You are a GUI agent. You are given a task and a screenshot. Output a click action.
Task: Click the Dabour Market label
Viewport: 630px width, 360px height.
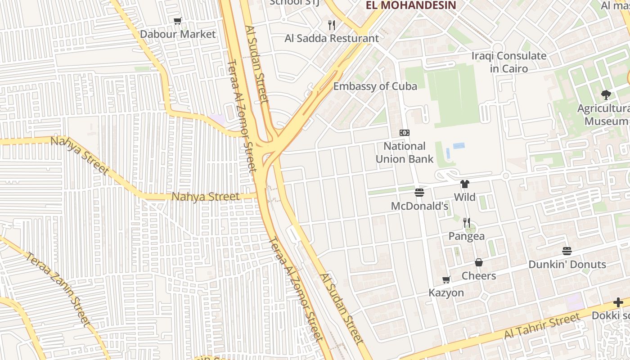tap(178, 34)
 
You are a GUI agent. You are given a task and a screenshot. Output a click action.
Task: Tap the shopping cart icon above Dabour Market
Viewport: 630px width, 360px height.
tap(178, 21)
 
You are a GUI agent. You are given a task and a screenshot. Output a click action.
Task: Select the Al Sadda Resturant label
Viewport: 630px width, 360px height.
tap(332, 38)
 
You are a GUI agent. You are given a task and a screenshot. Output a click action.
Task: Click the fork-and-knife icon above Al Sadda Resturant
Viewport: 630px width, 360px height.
tap(332, 25)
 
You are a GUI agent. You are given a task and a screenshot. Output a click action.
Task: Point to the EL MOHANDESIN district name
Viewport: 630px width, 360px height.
tap(411, 5)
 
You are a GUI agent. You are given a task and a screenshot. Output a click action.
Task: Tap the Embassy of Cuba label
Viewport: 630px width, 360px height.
tap(375, 86)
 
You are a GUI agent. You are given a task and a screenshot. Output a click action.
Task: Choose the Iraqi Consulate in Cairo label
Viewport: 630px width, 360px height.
tap(509, 62)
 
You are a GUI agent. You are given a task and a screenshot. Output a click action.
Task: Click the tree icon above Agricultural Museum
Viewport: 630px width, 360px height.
tap(606, 94)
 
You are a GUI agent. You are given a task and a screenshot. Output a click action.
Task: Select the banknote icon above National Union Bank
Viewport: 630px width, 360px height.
tap(405, 133)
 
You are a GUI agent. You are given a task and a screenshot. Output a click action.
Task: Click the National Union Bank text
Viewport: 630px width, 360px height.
tap(405, 152)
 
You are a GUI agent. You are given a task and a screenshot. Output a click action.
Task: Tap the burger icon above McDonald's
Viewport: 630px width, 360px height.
tap(419, 193)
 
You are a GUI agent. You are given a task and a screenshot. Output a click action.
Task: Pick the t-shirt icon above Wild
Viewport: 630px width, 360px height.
tap(465, 184)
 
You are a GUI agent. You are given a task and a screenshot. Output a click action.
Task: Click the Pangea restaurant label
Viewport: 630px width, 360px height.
tap(467, 236)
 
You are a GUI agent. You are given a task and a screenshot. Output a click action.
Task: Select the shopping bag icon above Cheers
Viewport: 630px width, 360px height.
tap(479, 262)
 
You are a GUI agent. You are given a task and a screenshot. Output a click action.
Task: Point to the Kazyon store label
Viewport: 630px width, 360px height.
tap(446, 292)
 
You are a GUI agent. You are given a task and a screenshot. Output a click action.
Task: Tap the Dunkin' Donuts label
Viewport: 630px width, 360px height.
tap(567, 264)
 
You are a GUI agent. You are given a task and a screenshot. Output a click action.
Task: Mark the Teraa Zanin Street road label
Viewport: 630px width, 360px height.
tap(58, 288)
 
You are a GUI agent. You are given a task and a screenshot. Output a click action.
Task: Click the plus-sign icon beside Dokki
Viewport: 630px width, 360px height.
tap(618, 302)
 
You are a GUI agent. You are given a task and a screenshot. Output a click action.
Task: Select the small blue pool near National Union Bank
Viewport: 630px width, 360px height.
tap(459, 146)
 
